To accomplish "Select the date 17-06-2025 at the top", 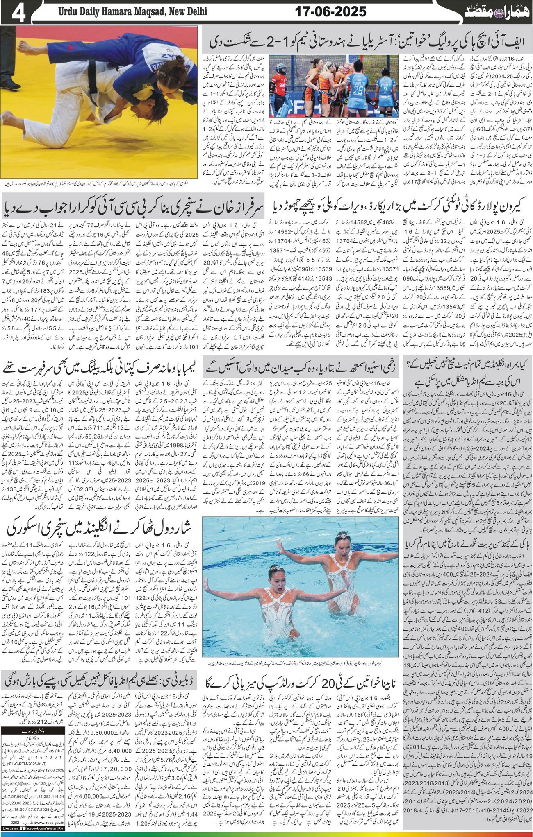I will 331,11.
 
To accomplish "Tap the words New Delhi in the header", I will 186,12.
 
